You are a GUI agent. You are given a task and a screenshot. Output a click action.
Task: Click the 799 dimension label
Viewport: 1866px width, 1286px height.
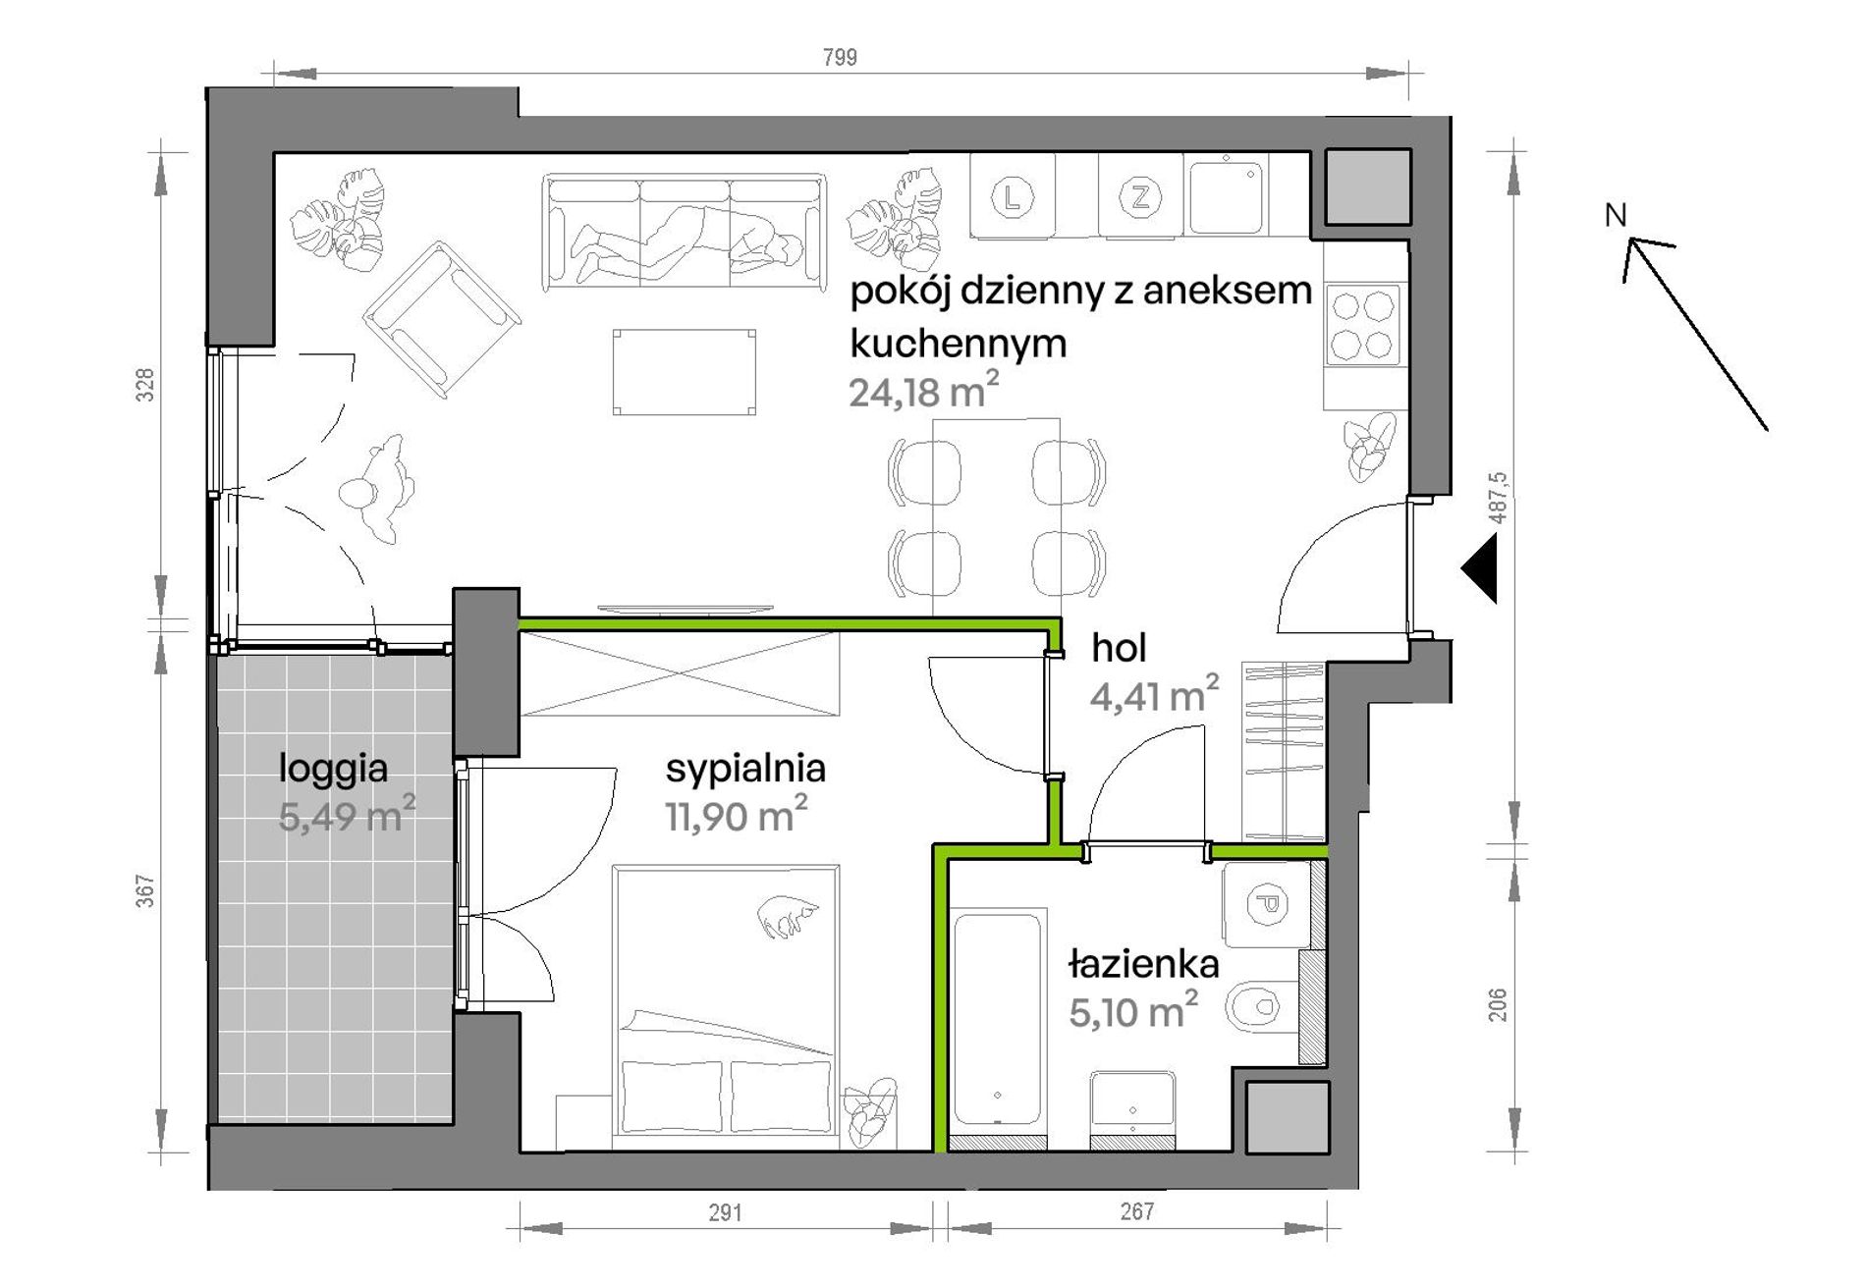840,57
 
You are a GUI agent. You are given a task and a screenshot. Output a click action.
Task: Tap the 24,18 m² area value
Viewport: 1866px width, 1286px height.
923,391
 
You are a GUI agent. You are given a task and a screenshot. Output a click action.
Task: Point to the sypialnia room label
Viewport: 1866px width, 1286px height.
745,770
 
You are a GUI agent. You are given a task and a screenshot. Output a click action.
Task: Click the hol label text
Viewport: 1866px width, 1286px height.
1119,648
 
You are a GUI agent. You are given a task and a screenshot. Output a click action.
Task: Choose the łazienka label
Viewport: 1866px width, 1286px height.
1143,964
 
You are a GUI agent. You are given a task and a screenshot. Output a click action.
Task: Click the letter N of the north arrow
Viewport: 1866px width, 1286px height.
1616,215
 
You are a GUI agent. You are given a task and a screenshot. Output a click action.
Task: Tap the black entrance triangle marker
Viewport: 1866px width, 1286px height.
1479,568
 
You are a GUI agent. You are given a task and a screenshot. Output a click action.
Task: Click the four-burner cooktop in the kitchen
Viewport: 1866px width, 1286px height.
1363,325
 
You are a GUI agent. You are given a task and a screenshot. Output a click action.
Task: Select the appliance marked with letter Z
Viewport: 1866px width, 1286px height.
1140,197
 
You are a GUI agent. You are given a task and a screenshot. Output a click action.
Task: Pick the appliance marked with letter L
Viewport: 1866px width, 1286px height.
1013,197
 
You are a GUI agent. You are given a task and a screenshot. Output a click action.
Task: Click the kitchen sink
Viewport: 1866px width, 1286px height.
1226,196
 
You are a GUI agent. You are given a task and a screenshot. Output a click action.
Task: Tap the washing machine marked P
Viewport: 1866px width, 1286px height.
1266,903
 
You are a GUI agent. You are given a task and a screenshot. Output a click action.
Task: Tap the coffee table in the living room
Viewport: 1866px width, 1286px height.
685,372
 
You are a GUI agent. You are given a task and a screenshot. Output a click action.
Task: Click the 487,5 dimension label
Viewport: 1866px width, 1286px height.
1498,497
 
